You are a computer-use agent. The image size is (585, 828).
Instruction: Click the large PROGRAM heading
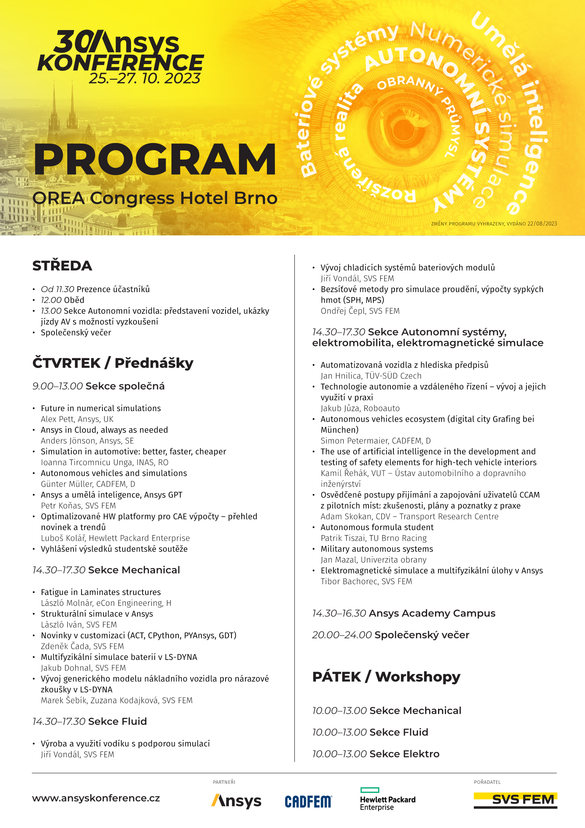[x=155, y=160]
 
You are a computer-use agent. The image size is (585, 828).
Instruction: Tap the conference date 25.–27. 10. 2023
[x=145, y=78]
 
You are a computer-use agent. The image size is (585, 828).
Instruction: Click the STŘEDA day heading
[x=62, y=266]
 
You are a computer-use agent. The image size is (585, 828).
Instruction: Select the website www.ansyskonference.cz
[x=96, y=798]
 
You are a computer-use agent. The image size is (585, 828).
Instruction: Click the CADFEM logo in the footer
[x=308, y=801]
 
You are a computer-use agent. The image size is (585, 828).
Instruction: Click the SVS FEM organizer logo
[x=515, y=800]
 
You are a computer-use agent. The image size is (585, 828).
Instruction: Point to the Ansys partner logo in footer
[x=236, y=801]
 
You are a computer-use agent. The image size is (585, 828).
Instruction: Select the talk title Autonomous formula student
[x=377, y=527]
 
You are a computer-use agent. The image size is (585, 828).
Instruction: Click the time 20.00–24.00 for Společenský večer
[x=342, y=635]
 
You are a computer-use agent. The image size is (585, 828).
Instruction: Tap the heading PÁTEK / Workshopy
[x=386, y=677]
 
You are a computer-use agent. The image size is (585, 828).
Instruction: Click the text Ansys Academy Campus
[x=432, y=613]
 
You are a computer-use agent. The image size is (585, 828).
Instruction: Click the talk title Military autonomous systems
[x=377, y=549]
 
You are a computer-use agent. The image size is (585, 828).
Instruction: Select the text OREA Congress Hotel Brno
[x=155, y=198]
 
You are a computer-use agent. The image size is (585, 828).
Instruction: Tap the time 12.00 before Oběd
[x=51, y=300]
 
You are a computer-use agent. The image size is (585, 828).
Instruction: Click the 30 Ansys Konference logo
[x=121, y=51]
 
